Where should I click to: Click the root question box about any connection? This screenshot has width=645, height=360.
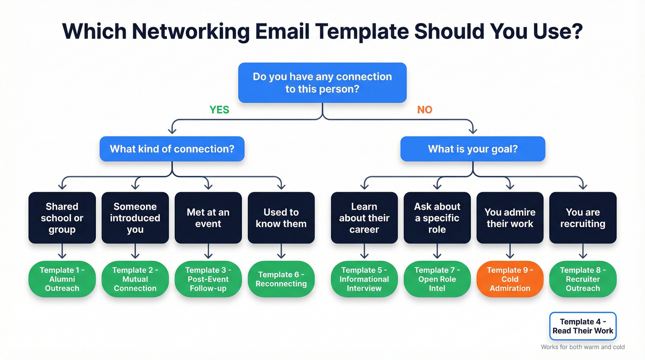322,83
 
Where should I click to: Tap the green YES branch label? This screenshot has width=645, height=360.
219,110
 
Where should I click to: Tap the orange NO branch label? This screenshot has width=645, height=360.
424,110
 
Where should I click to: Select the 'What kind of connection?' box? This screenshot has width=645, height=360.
172,149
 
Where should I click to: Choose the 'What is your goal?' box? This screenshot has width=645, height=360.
473,149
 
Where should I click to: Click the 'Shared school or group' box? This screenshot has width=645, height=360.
62,218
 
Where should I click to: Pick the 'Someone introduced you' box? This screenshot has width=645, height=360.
135,218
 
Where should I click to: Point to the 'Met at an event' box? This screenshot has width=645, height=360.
208,218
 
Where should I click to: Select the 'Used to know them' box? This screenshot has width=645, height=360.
281,218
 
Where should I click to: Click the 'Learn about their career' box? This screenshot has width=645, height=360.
364,218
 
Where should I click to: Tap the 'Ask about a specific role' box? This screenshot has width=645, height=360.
437,218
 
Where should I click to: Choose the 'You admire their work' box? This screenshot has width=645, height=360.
510,218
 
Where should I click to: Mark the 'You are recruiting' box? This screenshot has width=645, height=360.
583,218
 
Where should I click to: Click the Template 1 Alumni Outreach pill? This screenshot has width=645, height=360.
62,279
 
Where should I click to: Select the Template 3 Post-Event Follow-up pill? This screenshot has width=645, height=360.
208,279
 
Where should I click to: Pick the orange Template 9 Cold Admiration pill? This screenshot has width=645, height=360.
510,279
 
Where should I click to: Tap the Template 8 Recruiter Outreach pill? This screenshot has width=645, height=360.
583,279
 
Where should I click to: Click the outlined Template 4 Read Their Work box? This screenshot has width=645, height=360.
583,326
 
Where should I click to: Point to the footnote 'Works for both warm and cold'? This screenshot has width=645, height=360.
583,347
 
